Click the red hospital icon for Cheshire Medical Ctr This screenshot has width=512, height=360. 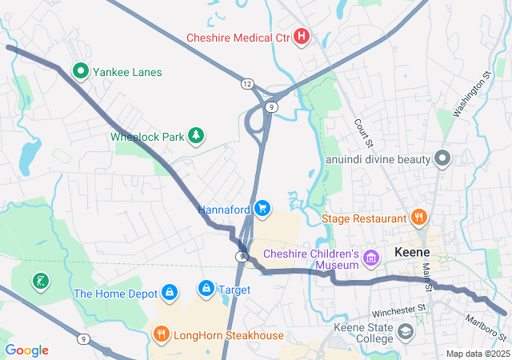[x=302, y=37]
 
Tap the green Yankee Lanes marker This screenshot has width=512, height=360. [x=81, y=72]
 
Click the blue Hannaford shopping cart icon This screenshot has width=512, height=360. [x=263, y=209]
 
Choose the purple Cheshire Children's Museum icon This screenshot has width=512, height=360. [x=370, y=258]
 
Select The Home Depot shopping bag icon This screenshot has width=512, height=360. [x=170, y=293]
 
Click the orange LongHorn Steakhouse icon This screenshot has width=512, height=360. [x=161, y=334]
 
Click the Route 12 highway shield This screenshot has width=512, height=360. [x=248, y=83]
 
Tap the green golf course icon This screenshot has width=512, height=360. [x=38, y=281]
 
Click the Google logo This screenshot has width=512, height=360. [x=27, y=350]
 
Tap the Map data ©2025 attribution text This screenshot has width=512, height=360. [x=477, y=354]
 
